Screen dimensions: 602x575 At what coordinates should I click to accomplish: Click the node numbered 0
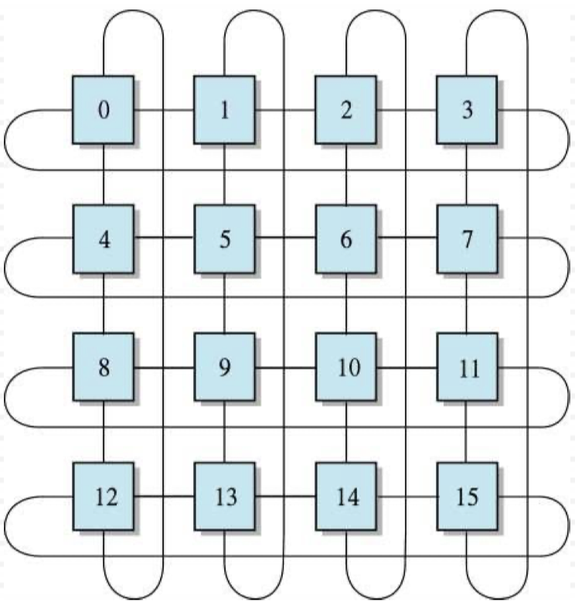tap(104, 110)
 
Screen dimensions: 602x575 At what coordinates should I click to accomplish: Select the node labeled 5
tap(224, 239)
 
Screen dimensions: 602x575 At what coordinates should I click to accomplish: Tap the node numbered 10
tap(345, 368)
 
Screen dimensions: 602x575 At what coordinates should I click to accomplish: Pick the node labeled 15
tap(467, 496)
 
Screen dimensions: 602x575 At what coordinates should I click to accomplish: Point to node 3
tap(467, 110)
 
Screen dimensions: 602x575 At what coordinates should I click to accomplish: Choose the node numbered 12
tap(104, 496)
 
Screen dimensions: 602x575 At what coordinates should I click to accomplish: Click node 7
tap(467, 239)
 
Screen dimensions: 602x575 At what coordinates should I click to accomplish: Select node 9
tap(224, 368)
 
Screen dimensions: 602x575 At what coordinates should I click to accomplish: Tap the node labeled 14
tap(345, 496)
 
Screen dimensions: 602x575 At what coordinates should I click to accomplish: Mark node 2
tap(345, 110)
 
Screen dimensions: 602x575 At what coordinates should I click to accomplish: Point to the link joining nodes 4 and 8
tap(104, 303)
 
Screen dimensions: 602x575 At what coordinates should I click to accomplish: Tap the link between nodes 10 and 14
tap(345, 431)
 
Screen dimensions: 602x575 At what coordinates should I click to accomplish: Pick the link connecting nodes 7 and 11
tap(467, 303)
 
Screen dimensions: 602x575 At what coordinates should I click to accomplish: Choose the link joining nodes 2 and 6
tap(345, 174)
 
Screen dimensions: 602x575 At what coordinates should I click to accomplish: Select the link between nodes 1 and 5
tap(224, 174)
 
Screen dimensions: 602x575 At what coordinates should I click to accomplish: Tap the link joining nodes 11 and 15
tap(467, 431)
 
